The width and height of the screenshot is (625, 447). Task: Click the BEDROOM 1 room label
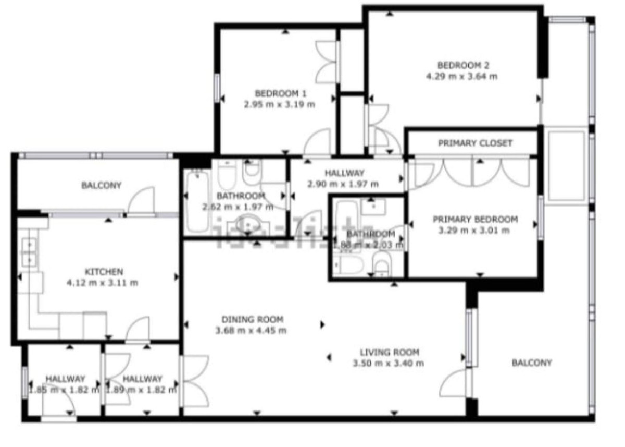coord(280,94)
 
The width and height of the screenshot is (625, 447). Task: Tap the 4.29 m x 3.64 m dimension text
coord(461,76)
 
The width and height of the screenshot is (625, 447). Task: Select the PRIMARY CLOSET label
coord(475,143)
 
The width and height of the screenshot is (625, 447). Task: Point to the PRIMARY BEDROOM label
coord(475,220)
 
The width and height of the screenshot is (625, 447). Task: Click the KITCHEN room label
coord(104,272)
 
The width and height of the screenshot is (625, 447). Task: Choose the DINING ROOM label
coord(252,320)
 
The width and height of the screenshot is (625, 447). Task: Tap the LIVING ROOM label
coord(389,353)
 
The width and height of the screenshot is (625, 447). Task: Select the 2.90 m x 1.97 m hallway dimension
coord(344,184)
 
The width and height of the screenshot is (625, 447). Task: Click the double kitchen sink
coord(28,250)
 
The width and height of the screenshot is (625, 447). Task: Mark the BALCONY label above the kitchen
coord(101,185)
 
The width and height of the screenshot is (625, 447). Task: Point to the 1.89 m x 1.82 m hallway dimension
coord(142,390)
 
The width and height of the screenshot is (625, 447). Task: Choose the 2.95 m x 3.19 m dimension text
coord(280,104)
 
